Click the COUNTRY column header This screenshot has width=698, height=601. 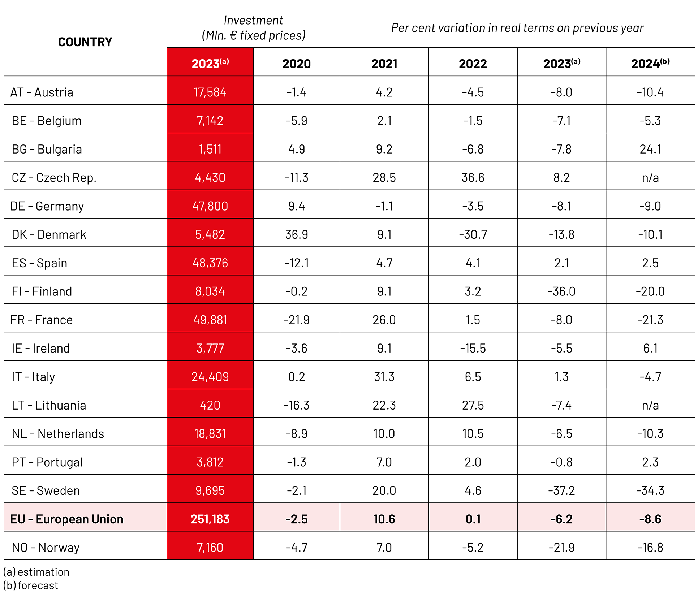(x=85, y=42)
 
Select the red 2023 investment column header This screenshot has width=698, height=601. (x=210, y=64)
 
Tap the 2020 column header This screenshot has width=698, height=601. (x=296, y=64)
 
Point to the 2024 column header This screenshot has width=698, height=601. (x=650, y=64)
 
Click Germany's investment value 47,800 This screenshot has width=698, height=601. (x=210, y=206)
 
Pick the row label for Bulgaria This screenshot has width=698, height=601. (x=47, y=149)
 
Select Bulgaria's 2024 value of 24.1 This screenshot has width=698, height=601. (x=650, y=149)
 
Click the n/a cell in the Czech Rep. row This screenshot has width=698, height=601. (x=650, y=178)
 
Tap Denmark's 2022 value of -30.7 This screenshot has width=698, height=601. (x=473, y=234)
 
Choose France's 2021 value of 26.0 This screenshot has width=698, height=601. (x=384, y=320)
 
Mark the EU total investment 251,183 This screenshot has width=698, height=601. (x=210, y=519)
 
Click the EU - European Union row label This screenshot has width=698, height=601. (x=67, y=519)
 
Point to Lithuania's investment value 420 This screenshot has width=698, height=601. (x=210, y=405)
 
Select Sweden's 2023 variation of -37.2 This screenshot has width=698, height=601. (x=561, y=490)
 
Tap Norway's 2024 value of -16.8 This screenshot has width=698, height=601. (x=650, y=548)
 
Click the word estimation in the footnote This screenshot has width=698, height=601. (x=43, y=572)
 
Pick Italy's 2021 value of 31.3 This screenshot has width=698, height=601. (x=384, y=377)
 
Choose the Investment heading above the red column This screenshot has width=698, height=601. (x=253, y=21)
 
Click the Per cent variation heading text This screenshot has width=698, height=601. (x=517, y=28)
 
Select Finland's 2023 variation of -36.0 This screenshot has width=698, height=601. (x=561, y=291)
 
